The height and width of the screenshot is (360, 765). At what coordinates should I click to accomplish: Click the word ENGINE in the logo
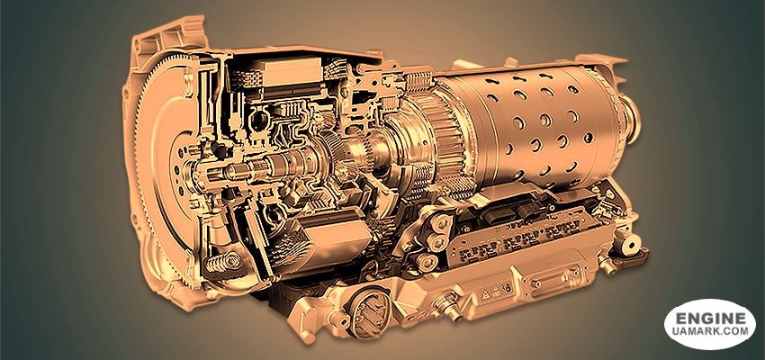pyautogui.click(x=710, y=319)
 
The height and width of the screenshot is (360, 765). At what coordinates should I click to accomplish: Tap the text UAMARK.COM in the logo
pyautogui.click(x=710, y=330)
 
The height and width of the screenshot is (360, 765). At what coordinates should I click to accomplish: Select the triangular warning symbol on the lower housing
pyautogui.click(x=486, y=293)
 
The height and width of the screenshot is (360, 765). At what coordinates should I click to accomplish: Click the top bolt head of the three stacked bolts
pyautogui.click(x=442, y=223)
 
